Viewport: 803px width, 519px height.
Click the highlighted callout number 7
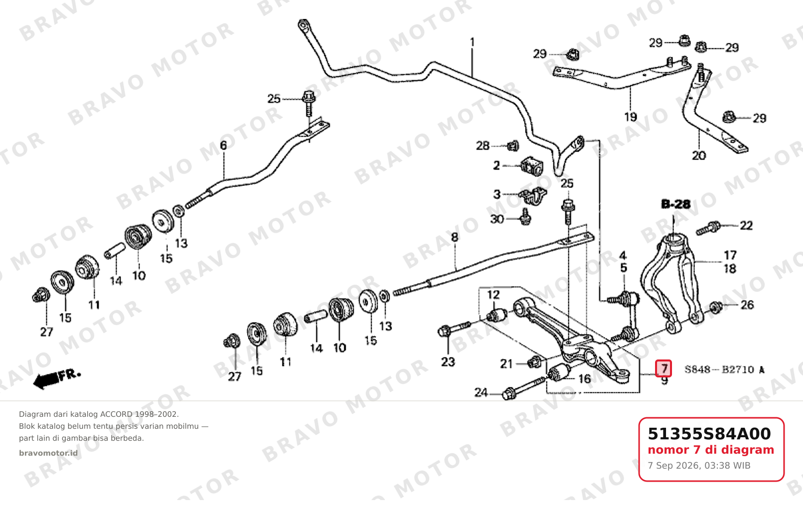pyautogui.click(x=663, y=368)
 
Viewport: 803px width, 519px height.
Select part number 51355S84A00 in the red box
pyautogui.click(x=709, y=434)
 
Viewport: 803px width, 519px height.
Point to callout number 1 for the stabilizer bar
pyautogui.click(x=472, y=42)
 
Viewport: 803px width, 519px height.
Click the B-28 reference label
pyautogui.click(x=676, y=204)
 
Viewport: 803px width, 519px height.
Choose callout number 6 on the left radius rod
pyautogui.click(x=223, y=145)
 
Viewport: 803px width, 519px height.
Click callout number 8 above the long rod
pyautogui.click(x=455, y=237)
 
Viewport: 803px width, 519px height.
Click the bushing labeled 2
pyautogui.click(x=532, y=166)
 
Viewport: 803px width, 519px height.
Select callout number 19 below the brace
pyautogui.click(x=631, y=117)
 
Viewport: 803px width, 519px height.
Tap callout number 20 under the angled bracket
pyautogui.click(x=699, y=156)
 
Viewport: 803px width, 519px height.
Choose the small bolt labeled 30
pyautogui.click(x=525, y=217)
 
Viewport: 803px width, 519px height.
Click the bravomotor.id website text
pyautogui.click(x=48, y=453)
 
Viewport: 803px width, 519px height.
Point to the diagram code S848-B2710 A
pyautogui.click(x=724, y=369)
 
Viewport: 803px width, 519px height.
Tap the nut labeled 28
pyautogui.click(x=514, y=146)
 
